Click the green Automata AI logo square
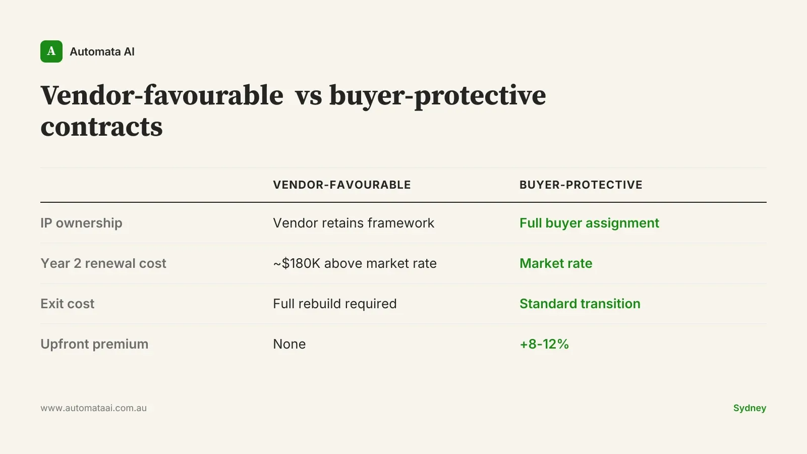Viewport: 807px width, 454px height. click(x=51, y=51)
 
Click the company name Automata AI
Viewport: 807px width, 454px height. click(x=102, y=52)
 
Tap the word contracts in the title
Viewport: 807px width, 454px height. click(x=101, y=127)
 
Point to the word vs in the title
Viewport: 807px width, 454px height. click(x=308, y=96)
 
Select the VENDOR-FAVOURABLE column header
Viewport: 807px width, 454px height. click(x=342, y=185)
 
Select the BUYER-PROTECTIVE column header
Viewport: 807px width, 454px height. click(x=581, y=185)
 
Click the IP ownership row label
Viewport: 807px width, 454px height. click(x=81, y=223)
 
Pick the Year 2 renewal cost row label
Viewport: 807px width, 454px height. click(x=103, y=263)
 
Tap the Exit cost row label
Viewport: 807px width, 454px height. click(x=68, y=304)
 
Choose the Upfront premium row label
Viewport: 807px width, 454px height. click(x=94, y=344)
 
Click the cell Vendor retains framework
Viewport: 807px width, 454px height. click(x=354, y=223)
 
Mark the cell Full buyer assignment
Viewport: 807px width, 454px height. click(x=590, y=223)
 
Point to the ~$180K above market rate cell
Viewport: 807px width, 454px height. click(x=355, y=263)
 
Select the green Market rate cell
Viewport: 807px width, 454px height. click(x=556, y=263)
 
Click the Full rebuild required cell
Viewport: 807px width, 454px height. click(x=335, y=304)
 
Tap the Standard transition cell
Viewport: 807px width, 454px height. click(x=580, y=304)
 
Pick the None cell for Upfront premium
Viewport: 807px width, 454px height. click(x=290, y=344)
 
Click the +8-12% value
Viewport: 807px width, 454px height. click(x=544, y=344)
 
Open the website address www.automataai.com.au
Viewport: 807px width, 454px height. click(x=94, y=408)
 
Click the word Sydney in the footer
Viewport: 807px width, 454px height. click(x=750, y=408)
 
